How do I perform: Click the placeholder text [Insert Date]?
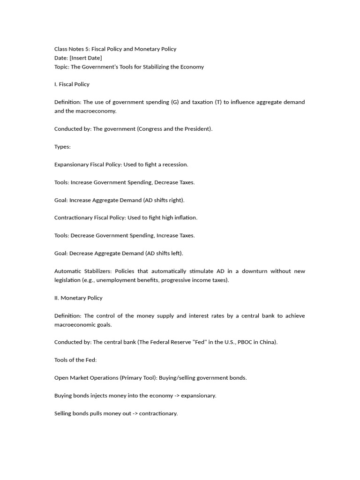click(86, 58)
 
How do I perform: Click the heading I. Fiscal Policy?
click(72, 84)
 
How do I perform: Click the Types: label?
click(62, 147)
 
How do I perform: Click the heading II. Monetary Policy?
click(78, 298)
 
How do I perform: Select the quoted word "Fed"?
click(192, 342)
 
